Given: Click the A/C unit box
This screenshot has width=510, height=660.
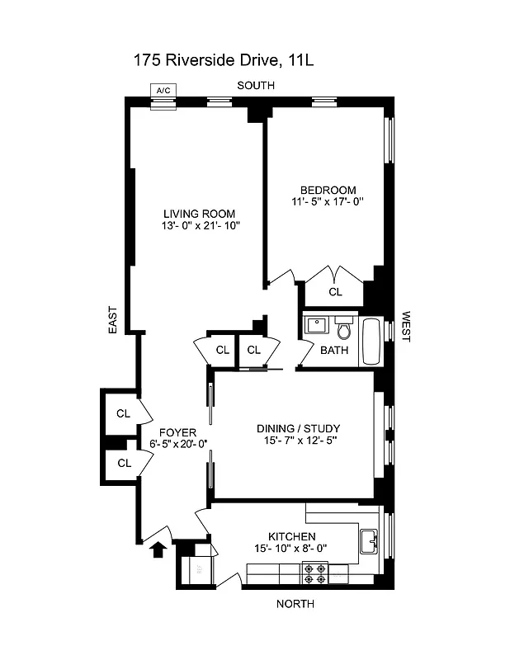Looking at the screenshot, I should coord(163,92).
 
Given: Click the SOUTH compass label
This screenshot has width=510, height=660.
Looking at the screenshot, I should coord(255,86).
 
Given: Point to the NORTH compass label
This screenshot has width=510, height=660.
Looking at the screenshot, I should coord(294,604).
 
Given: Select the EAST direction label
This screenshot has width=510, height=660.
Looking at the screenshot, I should coord(113,320).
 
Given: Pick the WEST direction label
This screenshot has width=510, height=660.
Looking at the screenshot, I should coord(405,327).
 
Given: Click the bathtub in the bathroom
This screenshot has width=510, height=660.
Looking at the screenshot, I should coord(372,341).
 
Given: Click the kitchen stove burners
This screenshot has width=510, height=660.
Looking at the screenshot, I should coord(315,569).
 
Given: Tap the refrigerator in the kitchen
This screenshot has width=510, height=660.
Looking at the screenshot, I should coord(198,568).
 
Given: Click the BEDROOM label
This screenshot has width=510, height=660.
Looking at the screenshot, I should coord(328,189).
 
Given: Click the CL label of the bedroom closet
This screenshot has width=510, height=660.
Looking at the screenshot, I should coord(334,291).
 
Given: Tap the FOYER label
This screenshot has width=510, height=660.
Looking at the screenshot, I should coord(177,431).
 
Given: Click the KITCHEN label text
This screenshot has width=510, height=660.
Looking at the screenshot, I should coord(291,535).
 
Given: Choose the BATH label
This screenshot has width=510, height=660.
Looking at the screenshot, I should coord(334,350).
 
